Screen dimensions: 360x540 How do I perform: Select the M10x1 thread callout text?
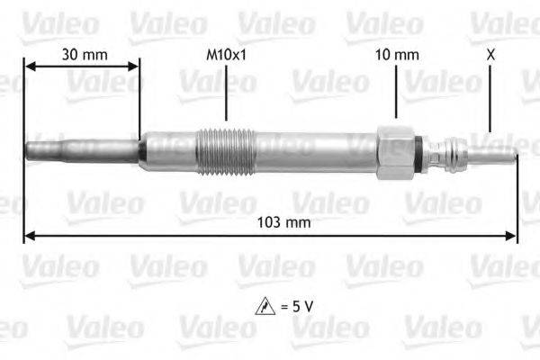click(x=226, y=55)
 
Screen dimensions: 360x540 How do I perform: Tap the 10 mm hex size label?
click(x=397, y=55)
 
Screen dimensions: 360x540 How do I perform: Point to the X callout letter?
click(x=490, y=55)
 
